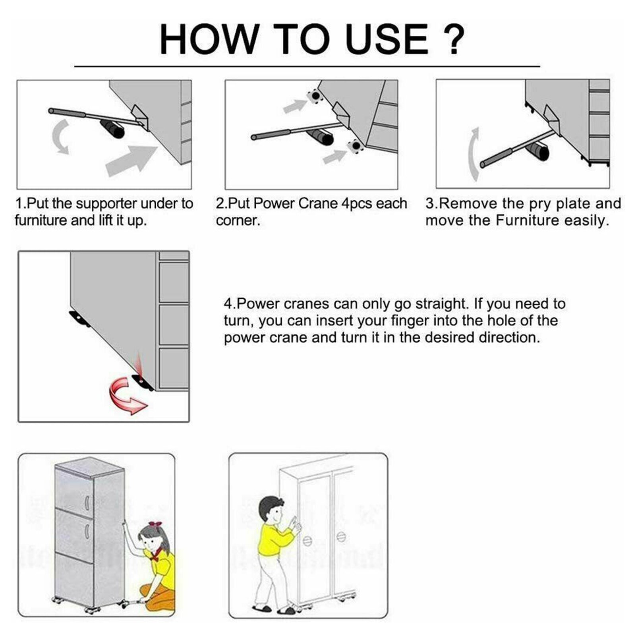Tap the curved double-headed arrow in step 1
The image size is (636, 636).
click(x=60, y=137)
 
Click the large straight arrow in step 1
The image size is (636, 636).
click(x=131, y=160)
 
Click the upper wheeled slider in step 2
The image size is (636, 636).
click(x=314, y=96)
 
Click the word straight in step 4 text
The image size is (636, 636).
click(x=443, y=304)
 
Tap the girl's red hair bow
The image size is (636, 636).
click(x=155, y=526)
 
